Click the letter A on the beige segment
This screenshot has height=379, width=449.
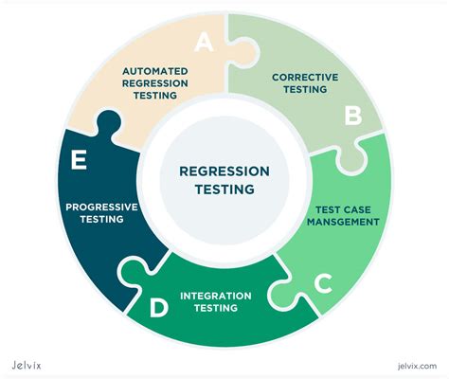click(x=204, y=43)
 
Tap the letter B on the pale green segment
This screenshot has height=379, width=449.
click(x=352, y=115)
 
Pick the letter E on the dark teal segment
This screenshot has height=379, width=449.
click(x=81, y=160)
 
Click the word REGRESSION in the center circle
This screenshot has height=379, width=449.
click(x=224, y=171)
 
